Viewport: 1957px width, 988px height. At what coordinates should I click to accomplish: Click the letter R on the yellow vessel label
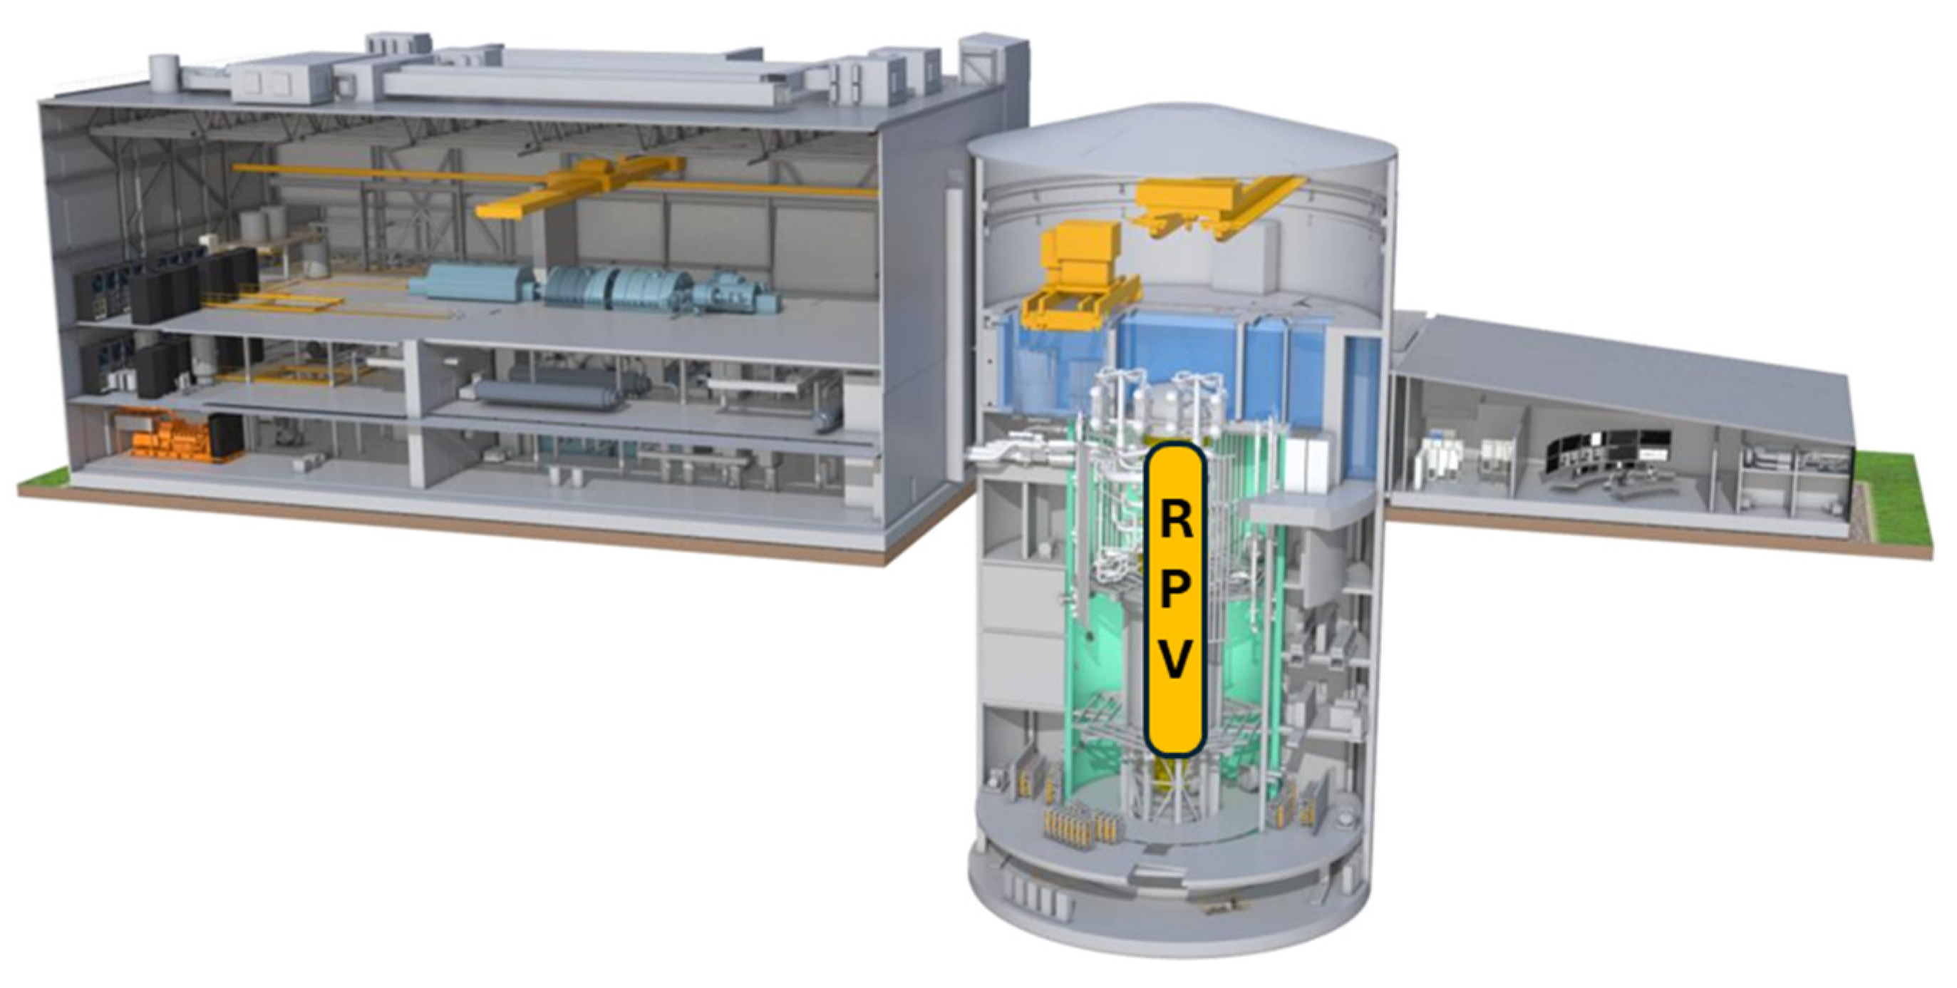(1174, 520)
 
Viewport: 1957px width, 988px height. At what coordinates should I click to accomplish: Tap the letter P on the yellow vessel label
(1174, 592)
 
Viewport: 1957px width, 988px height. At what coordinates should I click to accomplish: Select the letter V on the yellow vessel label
(1174, 662)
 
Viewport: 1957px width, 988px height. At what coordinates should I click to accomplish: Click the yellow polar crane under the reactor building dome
(1219, 205)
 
